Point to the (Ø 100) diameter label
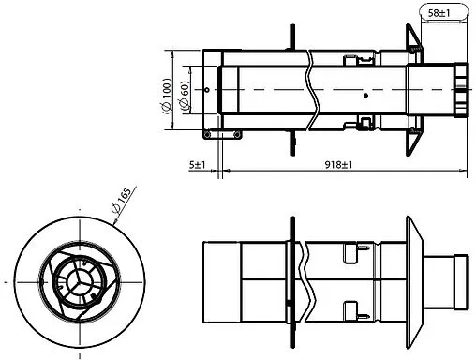(x=167, y=94)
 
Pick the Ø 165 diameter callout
(x=120, y=204)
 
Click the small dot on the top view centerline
(x=364, y=95)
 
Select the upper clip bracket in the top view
(x=353, y=62)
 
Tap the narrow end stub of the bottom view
(x=457, y=280)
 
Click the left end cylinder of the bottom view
(x=223, y=280)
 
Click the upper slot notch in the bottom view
(x=351, y=251)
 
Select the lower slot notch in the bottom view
(x=351, y=307)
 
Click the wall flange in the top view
(x=412, y=92)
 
